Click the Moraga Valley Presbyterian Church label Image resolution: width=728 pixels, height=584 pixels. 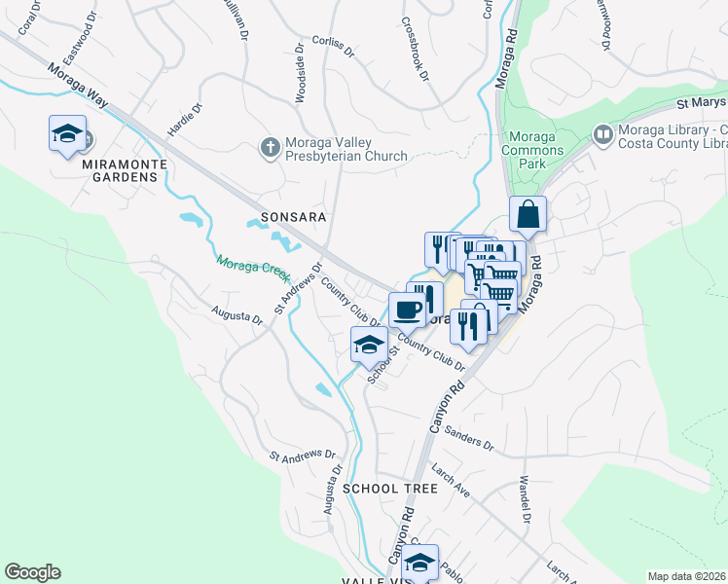[x=346, y=148]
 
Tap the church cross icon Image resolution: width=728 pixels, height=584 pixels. [x=270, y=147]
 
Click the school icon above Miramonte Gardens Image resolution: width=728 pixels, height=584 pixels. [x=67, y=134]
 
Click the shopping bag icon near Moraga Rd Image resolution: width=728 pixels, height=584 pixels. [x=527, y=214]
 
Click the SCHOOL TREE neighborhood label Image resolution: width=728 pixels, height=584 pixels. [x=389, y=488]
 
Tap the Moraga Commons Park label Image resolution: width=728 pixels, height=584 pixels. [x=532, y=150]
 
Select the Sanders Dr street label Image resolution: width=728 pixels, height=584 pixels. [x=472, y=437]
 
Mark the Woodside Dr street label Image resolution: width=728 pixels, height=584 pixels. [x=300, y=76]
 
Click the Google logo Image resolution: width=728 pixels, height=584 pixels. [x=32, y=572]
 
